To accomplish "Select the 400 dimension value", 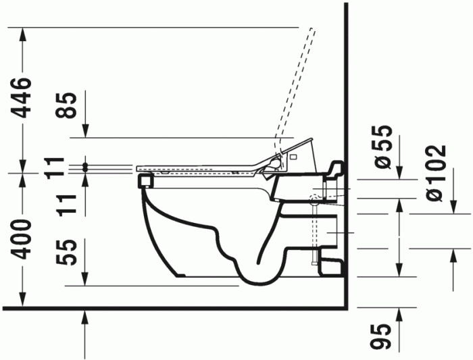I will pyautogui.click(x=23, y=238).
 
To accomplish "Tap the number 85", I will pyautogui.click(x=69, y=105).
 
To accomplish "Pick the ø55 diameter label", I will pyautogui.click(x=382, y=147).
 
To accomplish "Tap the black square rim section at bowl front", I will pyautogui.click(x=143, y=180).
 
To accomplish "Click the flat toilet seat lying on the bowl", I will pyautogui.click(x=196, y=167).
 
